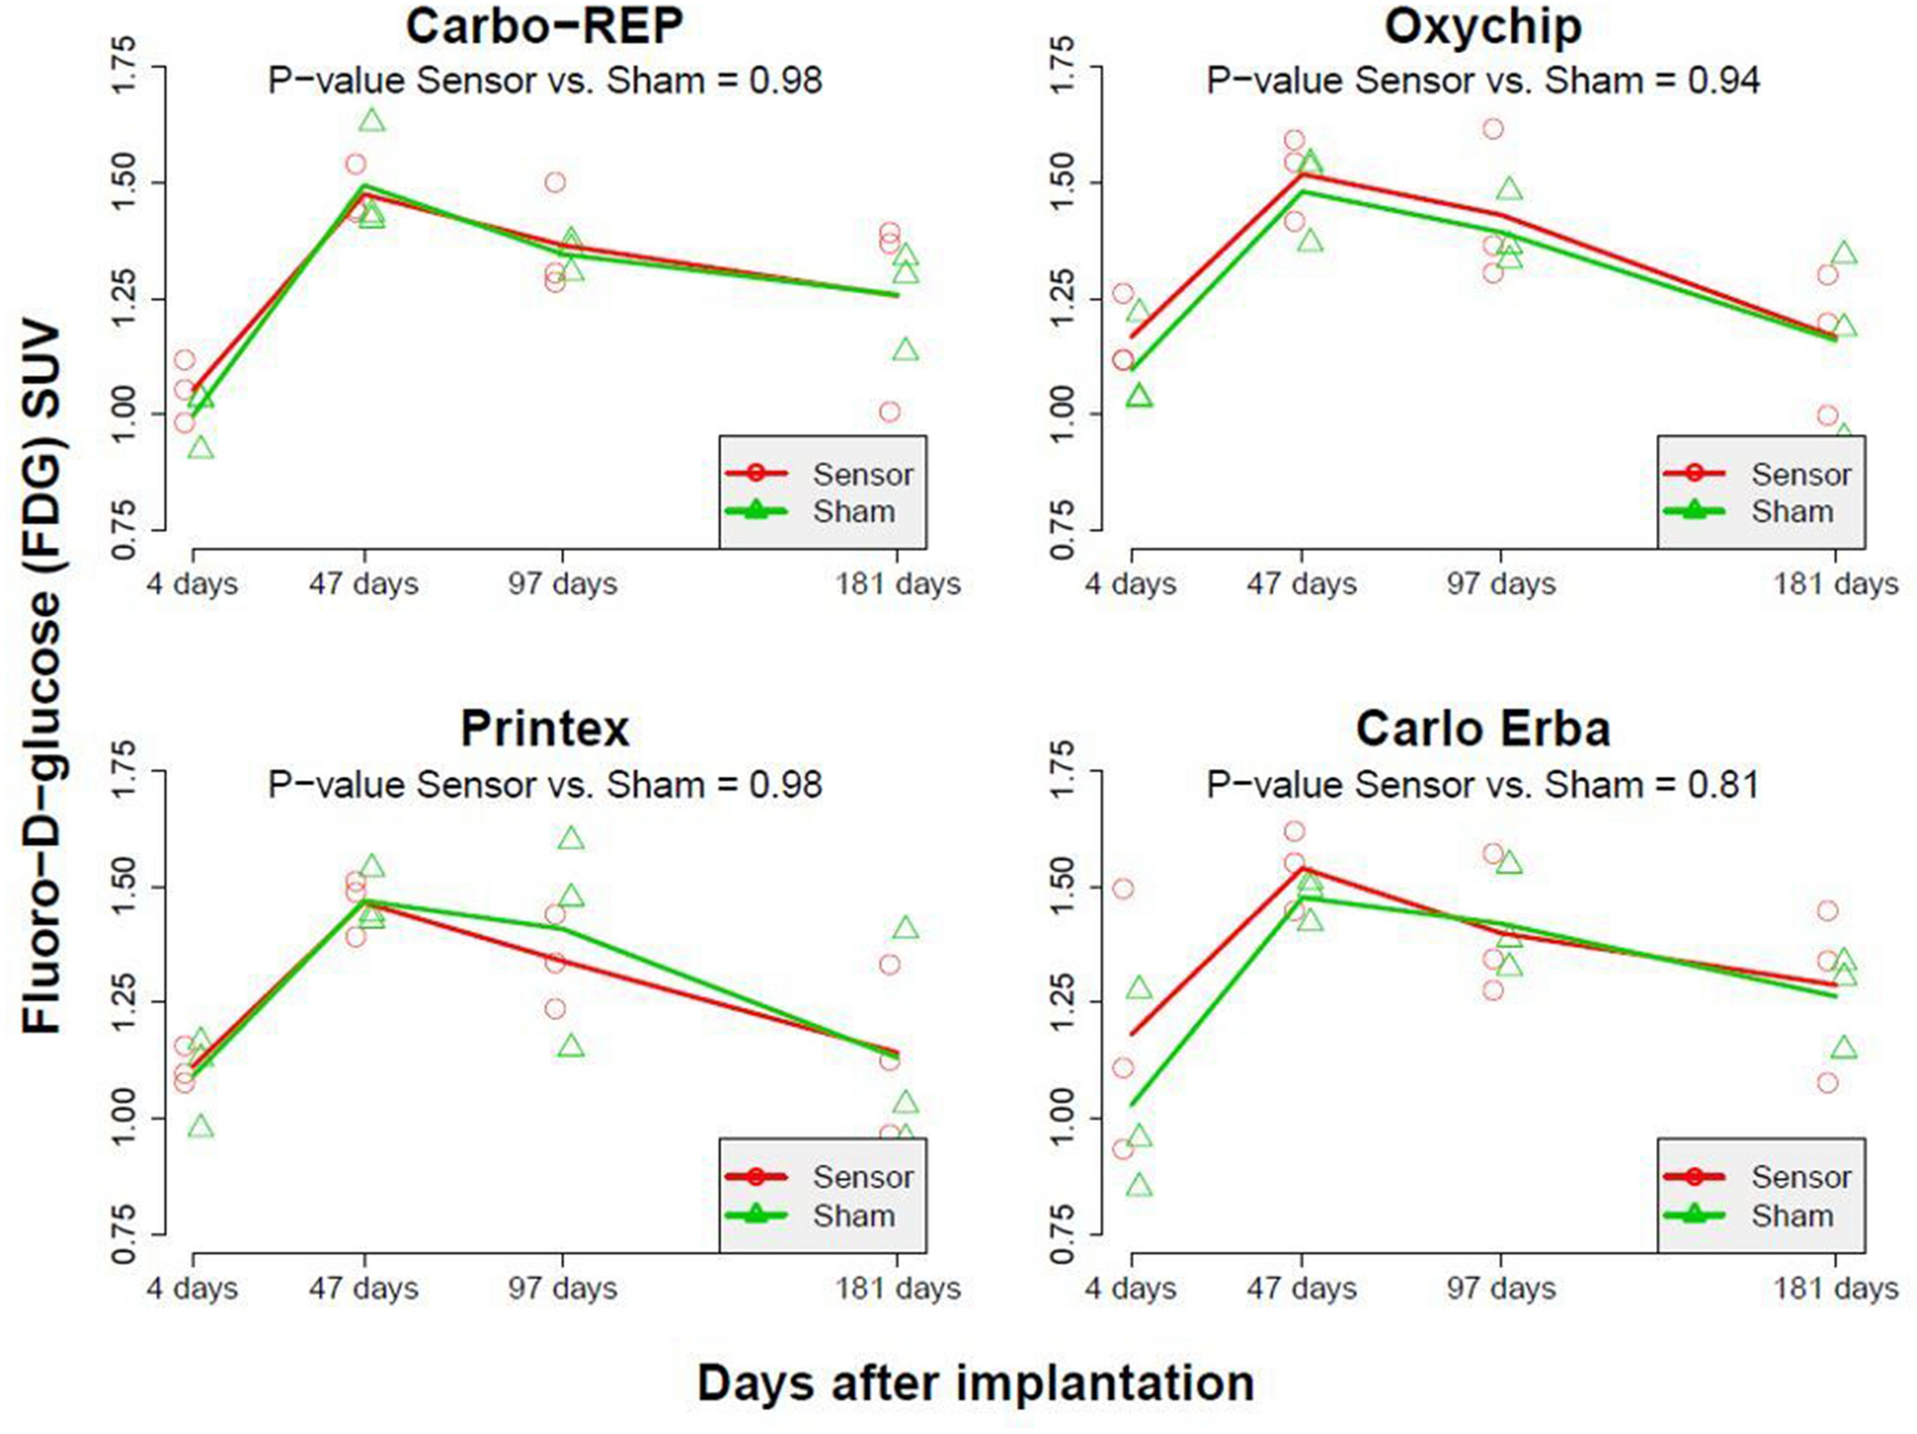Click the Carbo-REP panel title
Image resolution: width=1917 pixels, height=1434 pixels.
point(544,27)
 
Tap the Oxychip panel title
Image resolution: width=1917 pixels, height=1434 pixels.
point(1482,27)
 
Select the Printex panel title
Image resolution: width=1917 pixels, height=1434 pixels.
point(544,728)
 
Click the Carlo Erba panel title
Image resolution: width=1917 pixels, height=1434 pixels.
point(1482,728)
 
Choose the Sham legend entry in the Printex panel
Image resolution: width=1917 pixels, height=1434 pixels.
point(853,1216)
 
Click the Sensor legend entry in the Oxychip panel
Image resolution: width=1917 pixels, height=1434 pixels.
point(1800,474)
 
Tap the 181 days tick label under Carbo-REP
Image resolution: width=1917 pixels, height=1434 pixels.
point(897,583)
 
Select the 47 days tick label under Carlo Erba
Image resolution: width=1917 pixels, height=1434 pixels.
point(1301,1288)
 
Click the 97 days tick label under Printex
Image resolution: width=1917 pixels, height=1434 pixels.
point(562,1288)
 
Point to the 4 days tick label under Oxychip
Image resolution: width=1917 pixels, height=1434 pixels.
point(1130,583)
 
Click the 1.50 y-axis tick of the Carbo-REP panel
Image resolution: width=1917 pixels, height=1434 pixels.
point(124,183)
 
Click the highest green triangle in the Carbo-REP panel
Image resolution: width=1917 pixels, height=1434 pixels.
point(372,120)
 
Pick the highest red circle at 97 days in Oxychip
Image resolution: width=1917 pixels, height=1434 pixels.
point(1493,129)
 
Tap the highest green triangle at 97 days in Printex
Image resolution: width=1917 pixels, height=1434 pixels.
point(571,839)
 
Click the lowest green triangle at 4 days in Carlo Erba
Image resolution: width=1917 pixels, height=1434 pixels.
point(1138,1186)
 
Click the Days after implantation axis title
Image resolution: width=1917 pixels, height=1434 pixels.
point(975,1383)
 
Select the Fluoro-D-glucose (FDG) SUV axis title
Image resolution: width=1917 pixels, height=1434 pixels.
point(42,679)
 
